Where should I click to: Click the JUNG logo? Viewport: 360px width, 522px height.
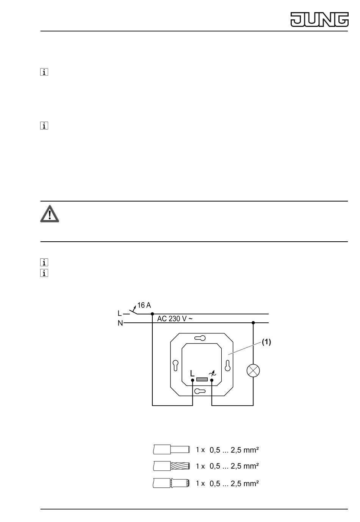click(x=319, y=19)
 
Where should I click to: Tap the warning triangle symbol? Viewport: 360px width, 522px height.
click(x=49, y=214)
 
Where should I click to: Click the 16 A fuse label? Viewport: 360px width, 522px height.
click(x=144, y=305)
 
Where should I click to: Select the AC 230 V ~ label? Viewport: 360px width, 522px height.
click(x=175, y=319)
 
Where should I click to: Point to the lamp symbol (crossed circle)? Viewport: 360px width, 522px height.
click(x=253, y=370)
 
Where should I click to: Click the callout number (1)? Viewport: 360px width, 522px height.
click(x=266, y=342)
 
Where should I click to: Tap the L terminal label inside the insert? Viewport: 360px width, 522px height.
click(x=192, y=373)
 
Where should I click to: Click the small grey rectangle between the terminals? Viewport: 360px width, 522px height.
click(x=202, y=380)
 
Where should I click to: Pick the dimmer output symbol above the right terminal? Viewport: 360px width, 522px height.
click(x=212, y=374)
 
